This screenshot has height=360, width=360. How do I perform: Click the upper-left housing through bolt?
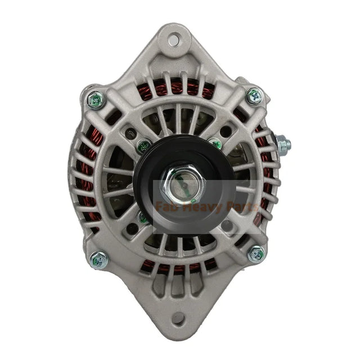(x=96, y=100)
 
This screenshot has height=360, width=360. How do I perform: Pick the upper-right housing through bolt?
(x=254, y=96)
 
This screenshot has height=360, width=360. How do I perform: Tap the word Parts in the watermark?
(x=241, y=206)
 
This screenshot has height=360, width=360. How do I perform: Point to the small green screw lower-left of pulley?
(x=144, y=217)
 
